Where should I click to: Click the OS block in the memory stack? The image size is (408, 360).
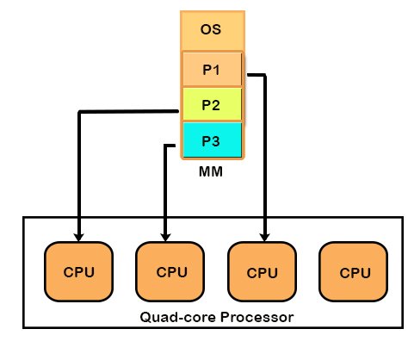click(211, 30)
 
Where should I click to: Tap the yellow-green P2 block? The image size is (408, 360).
click(211, 105)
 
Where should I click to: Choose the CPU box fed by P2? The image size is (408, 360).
click(79, 273)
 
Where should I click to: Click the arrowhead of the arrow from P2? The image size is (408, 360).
click(79, 235)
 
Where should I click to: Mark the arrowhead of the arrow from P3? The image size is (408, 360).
click(164, 235)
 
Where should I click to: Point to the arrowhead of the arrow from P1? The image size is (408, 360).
click(265, 235)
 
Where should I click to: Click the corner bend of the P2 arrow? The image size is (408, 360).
click(79, 112)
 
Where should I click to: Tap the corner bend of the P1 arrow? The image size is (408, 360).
click(265, 74)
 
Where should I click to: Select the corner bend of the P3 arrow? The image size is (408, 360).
click(164, 145)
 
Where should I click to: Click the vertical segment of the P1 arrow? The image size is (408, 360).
click(265, 155)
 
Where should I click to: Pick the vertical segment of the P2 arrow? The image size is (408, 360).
click(79, 172)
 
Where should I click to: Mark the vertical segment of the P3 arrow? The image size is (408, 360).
click(164, 189)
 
